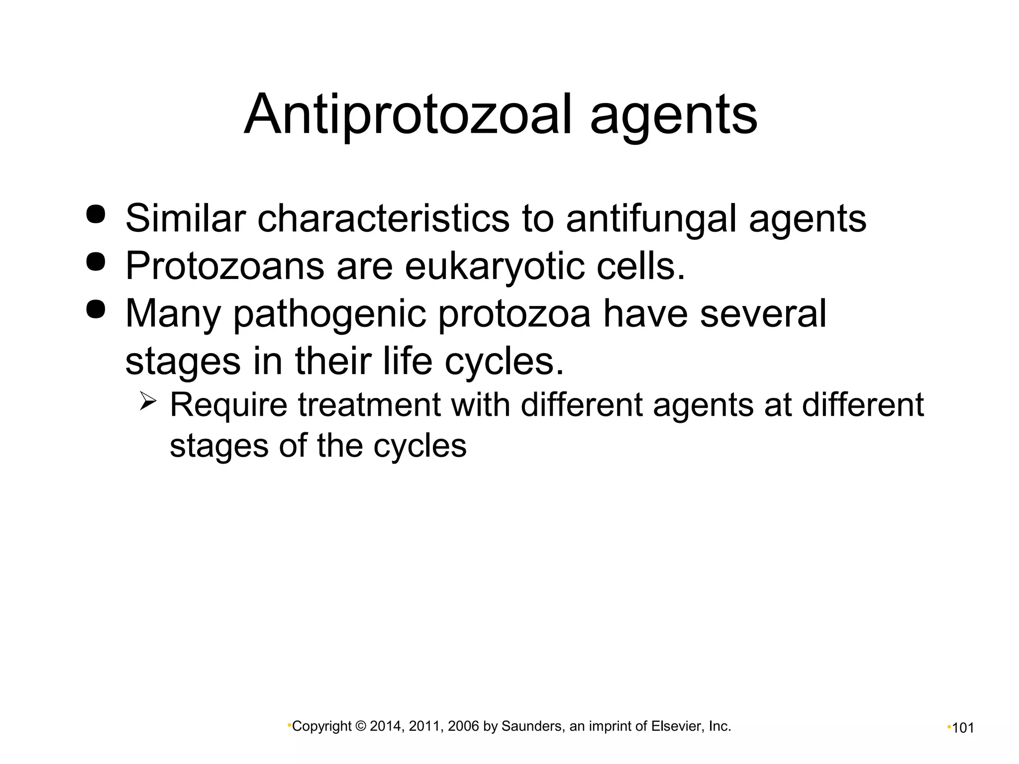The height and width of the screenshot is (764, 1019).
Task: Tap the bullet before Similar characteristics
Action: pos(96,214)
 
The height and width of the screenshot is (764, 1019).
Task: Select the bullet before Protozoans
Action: pos(96,262)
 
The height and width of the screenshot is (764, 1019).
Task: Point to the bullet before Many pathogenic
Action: pos(96,309)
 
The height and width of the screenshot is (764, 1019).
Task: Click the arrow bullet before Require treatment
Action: pos(148,401)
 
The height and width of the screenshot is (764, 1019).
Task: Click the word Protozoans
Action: pos(225,266)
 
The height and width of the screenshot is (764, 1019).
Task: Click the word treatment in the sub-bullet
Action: pos(369,405)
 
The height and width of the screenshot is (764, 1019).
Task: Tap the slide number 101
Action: pos(963,728)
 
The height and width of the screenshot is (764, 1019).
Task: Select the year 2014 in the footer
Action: pos(385,727)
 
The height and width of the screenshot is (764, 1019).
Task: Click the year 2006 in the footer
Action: pos(463,727)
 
